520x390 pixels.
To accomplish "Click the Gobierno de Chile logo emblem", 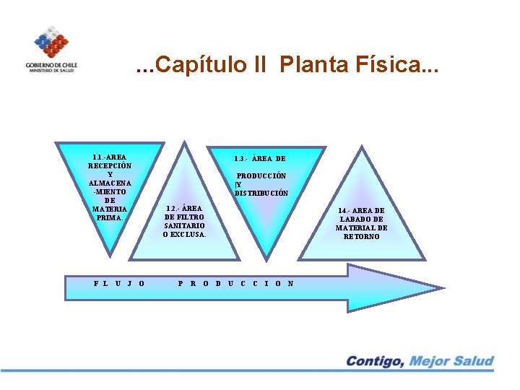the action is pos(50,42).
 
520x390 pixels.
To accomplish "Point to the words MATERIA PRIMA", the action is pos(110,213).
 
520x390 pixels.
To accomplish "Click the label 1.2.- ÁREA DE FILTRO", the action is pos(185,212).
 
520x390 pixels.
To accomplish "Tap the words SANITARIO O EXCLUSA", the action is pos(185,230).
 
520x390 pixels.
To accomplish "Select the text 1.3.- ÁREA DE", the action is pos(260,159).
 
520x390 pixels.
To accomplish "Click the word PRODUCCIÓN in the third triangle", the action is pos(261,175).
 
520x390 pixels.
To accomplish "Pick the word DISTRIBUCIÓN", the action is pos(261,193).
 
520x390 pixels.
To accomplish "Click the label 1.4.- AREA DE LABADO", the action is pos(362,214).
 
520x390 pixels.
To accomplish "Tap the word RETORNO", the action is pos(362,237).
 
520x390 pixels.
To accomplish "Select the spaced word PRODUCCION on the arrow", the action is pos(235,283).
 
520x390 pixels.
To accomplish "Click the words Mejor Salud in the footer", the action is pos(451,361).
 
